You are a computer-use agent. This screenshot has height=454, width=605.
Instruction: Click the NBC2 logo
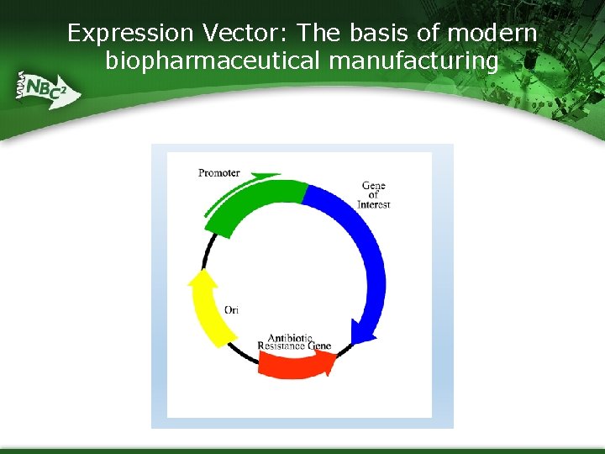point(45,88)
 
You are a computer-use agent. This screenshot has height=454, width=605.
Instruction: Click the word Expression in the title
point(130,34)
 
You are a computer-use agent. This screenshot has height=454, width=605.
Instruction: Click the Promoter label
point(218,173)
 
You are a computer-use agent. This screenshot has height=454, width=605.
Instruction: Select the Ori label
point(231,310)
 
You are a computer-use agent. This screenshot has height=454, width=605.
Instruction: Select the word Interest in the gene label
point(374,204)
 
